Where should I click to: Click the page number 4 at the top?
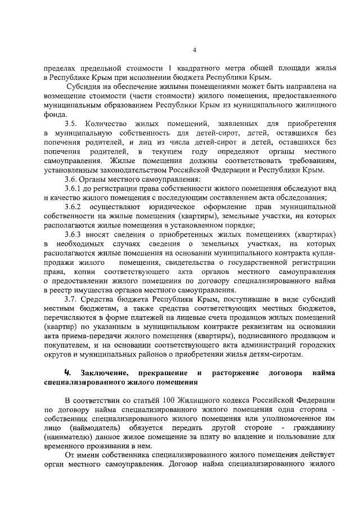(x=194, y=49)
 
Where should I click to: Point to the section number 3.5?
(x=71, y=123)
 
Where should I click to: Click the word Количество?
(x=105, y=123)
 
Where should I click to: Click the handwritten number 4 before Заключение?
(x=67, y=372)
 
